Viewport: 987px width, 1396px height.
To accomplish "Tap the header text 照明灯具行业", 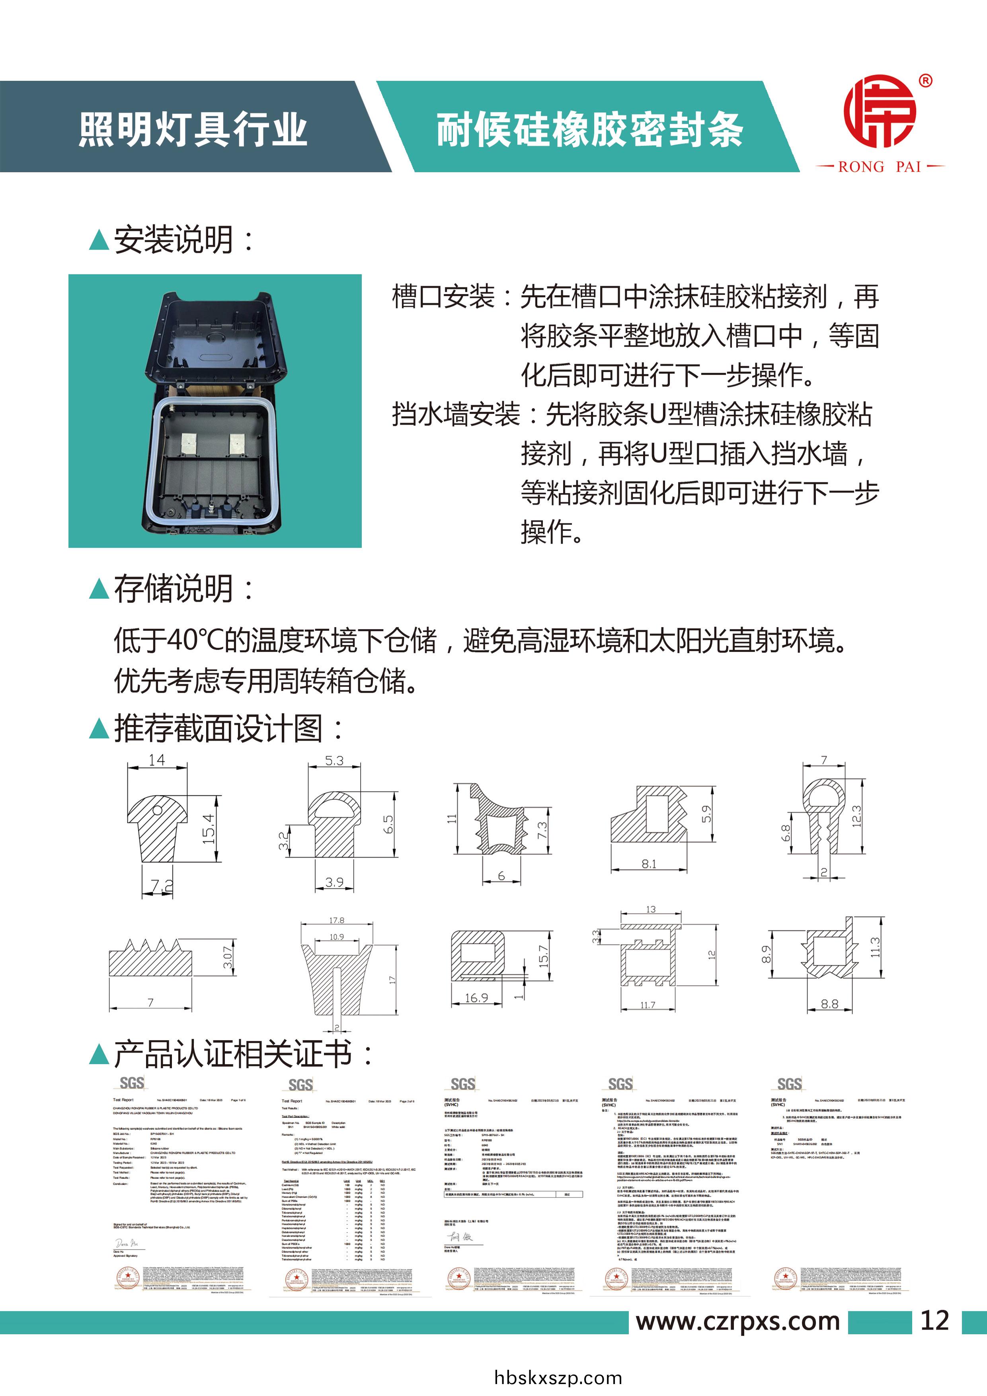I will pyautogui.click(x=193, y=129).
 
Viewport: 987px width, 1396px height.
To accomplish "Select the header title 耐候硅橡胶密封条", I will pyautogui.click(x=589, y=129).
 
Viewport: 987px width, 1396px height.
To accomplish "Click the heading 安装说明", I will pyautogui.click(x=173, y=240).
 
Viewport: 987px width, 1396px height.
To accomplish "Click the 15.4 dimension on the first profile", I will pyautogui.click(x=209, y=828).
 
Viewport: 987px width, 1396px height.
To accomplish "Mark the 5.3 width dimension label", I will pyautogui.click(x=334, y=760).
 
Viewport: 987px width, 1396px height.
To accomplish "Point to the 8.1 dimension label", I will pyautogui.click(x=648, y=864).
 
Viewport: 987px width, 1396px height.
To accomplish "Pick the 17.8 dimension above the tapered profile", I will pyautogui.click(x=336, y=920).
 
